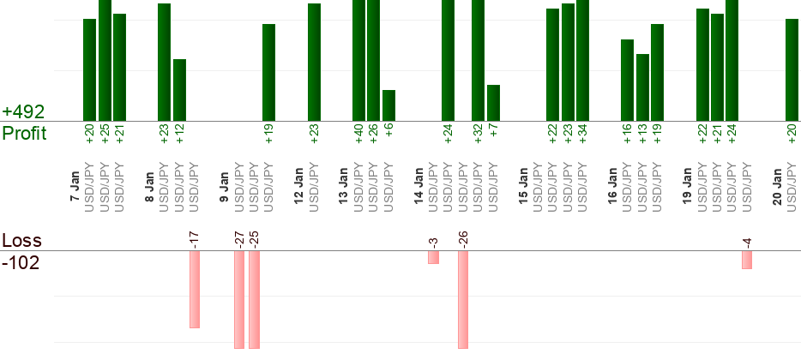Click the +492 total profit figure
click(23, 112)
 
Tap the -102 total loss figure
click(21, 262)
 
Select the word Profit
click(25, 134)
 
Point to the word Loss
click(21, 240)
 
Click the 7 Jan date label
click(75, 187)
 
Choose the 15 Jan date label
click(523, 185)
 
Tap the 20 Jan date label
click(777, 185)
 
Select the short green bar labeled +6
click(388, 105)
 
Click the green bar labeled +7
click(493, 103)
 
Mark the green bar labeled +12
click(179, 90)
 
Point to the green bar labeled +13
click(642, 87)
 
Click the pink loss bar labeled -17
click(195, 290)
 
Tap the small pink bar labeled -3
click(433, 257)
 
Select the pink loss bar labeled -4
click(747, 260)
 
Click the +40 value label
click(359, 135)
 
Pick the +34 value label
click(583, 135)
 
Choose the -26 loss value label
click(463, 239)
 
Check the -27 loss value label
click(239, 239)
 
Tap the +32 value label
click(479, 135)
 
